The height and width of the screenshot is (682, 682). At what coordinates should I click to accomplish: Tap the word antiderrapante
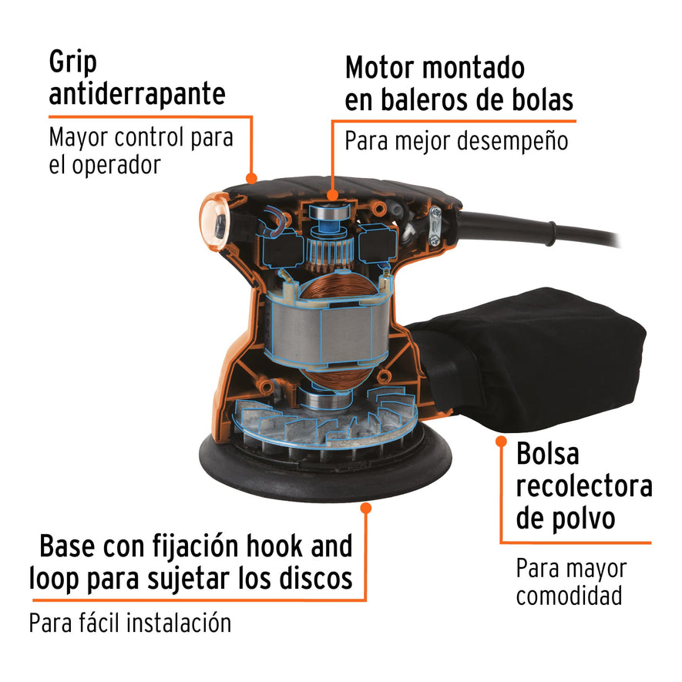[137, 94]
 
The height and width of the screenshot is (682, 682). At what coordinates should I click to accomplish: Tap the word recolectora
[584, 486]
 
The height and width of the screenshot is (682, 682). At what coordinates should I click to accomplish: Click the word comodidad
[569, 596]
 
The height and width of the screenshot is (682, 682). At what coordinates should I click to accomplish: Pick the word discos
[317, 577]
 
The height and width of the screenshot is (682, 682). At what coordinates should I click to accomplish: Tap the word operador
[116, 165]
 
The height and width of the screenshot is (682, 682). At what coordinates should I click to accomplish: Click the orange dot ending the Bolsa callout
[501, 442]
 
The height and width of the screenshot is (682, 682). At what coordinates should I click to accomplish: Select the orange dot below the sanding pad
[366, 508]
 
